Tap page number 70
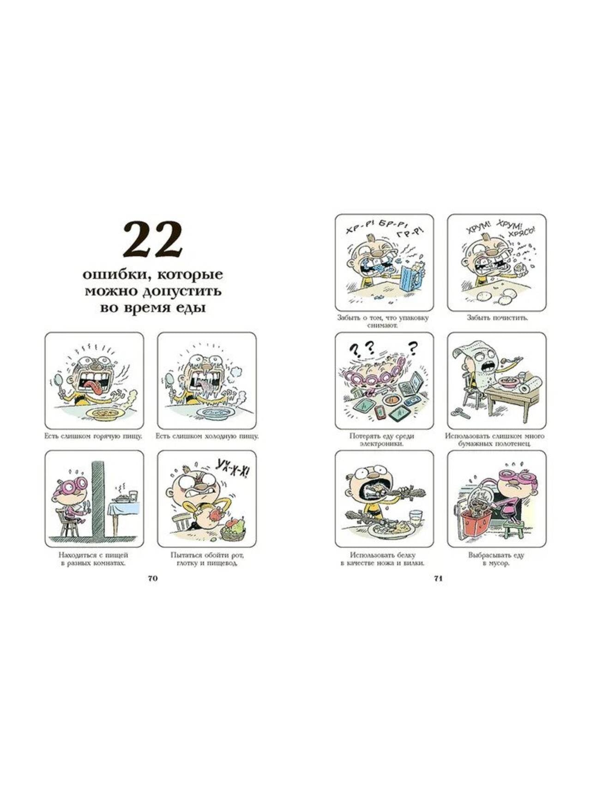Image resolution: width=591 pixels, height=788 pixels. point(153,578)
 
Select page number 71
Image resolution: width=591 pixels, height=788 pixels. point(439,578)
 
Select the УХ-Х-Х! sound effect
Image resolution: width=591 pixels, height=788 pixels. point(231,470)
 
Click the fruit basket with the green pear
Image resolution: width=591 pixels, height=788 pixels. point(233,529)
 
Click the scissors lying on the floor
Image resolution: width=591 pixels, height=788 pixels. point(459,412)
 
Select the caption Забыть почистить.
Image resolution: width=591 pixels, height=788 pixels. point(497,318)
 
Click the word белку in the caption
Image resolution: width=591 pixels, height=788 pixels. point(406,555)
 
